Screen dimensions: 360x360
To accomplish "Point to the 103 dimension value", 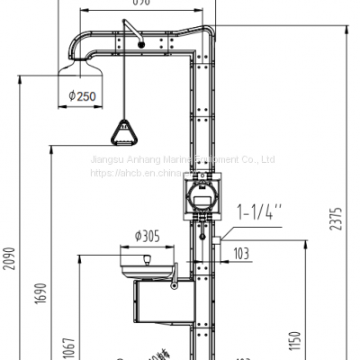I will coord(240,255).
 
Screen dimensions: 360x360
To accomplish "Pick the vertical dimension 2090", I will coord(8,258).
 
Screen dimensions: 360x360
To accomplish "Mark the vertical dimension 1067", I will coord(69,346).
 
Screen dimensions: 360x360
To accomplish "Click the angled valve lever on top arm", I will coord(134,34).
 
